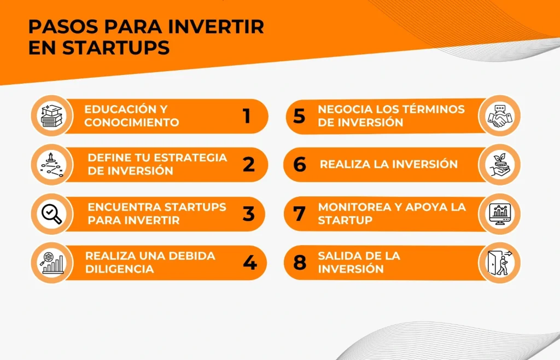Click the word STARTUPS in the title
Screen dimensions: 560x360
(116, 48)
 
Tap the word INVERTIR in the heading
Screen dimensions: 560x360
(216, 26)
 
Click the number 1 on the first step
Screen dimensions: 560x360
(247, 116)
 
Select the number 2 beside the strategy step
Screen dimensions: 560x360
(249, 165)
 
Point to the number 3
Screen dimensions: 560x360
(249, 214)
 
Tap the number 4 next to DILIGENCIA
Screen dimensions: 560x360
(249, 263)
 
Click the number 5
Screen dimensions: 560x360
(299, 116)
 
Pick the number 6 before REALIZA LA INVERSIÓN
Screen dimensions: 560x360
(300, 164)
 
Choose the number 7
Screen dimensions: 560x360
(299, 213)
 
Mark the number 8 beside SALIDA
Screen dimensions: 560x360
(300, 263)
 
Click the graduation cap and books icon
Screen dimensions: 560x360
(52, 116)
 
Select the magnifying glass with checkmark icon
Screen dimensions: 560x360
(52, 213)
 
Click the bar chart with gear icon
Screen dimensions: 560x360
(52, 263)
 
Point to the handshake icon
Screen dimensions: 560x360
(500, 116)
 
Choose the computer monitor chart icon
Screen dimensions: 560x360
(500, 214)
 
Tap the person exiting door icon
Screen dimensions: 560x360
(500, 263)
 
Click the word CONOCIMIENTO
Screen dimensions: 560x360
(132, 123)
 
